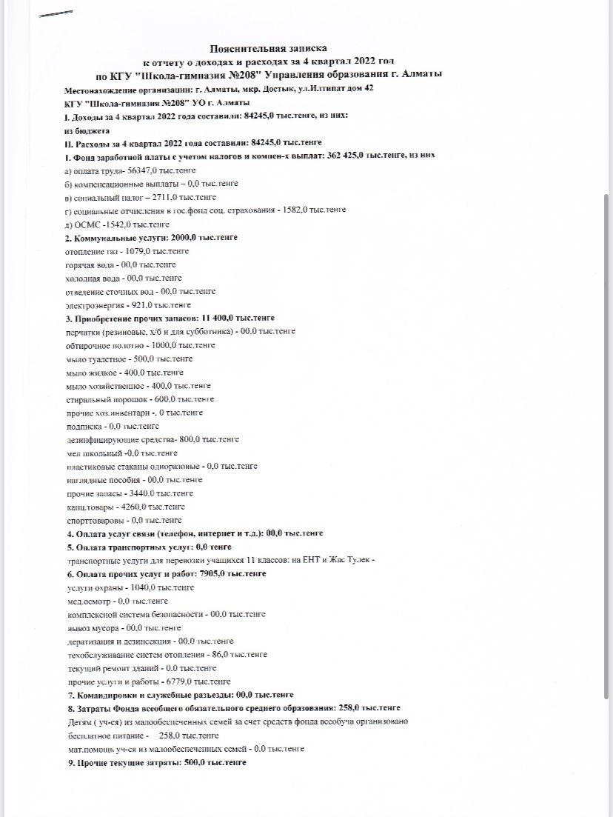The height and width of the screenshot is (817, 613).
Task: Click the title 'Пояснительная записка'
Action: point(267,47)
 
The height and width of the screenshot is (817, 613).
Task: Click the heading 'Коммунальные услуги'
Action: point(121,237)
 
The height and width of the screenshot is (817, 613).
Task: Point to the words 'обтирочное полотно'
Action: point(101,345)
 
